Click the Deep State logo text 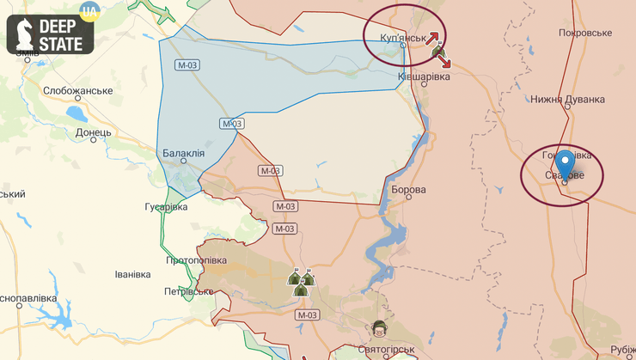[x=66, y=35]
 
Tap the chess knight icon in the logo [x=24, y=35]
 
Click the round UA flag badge [x=88, y=11]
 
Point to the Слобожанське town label [x=78, y=91]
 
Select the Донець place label [x=93, y=133]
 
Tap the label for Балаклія [x=183, y=153]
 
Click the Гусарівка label [x=165, y=207]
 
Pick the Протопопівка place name [x=196, y=260]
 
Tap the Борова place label [x=408, y=189]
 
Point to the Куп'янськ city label [x=402, y=39]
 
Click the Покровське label [x=584, y=33]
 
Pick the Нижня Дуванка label [x=567, y=99]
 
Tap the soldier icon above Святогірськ [x=379, y=327]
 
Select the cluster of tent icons [x=301, y=281]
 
